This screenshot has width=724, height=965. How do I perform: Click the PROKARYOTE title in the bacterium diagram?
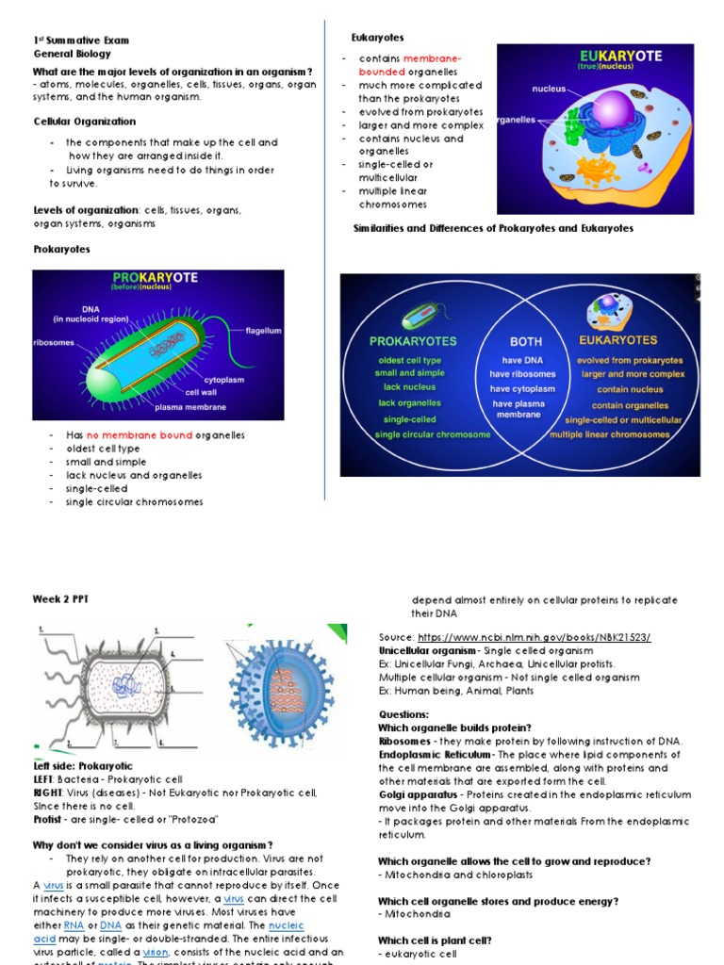155,279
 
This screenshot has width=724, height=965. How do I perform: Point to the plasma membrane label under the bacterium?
190,407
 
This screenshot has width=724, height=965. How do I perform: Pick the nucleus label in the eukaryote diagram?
549,89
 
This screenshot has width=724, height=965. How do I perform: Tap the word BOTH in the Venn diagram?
525,342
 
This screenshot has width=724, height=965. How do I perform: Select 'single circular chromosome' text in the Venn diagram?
419,434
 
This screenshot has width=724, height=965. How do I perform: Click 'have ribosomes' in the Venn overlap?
522,373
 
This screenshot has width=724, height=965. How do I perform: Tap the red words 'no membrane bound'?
140,435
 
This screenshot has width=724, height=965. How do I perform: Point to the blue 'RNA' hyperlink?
74,924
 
